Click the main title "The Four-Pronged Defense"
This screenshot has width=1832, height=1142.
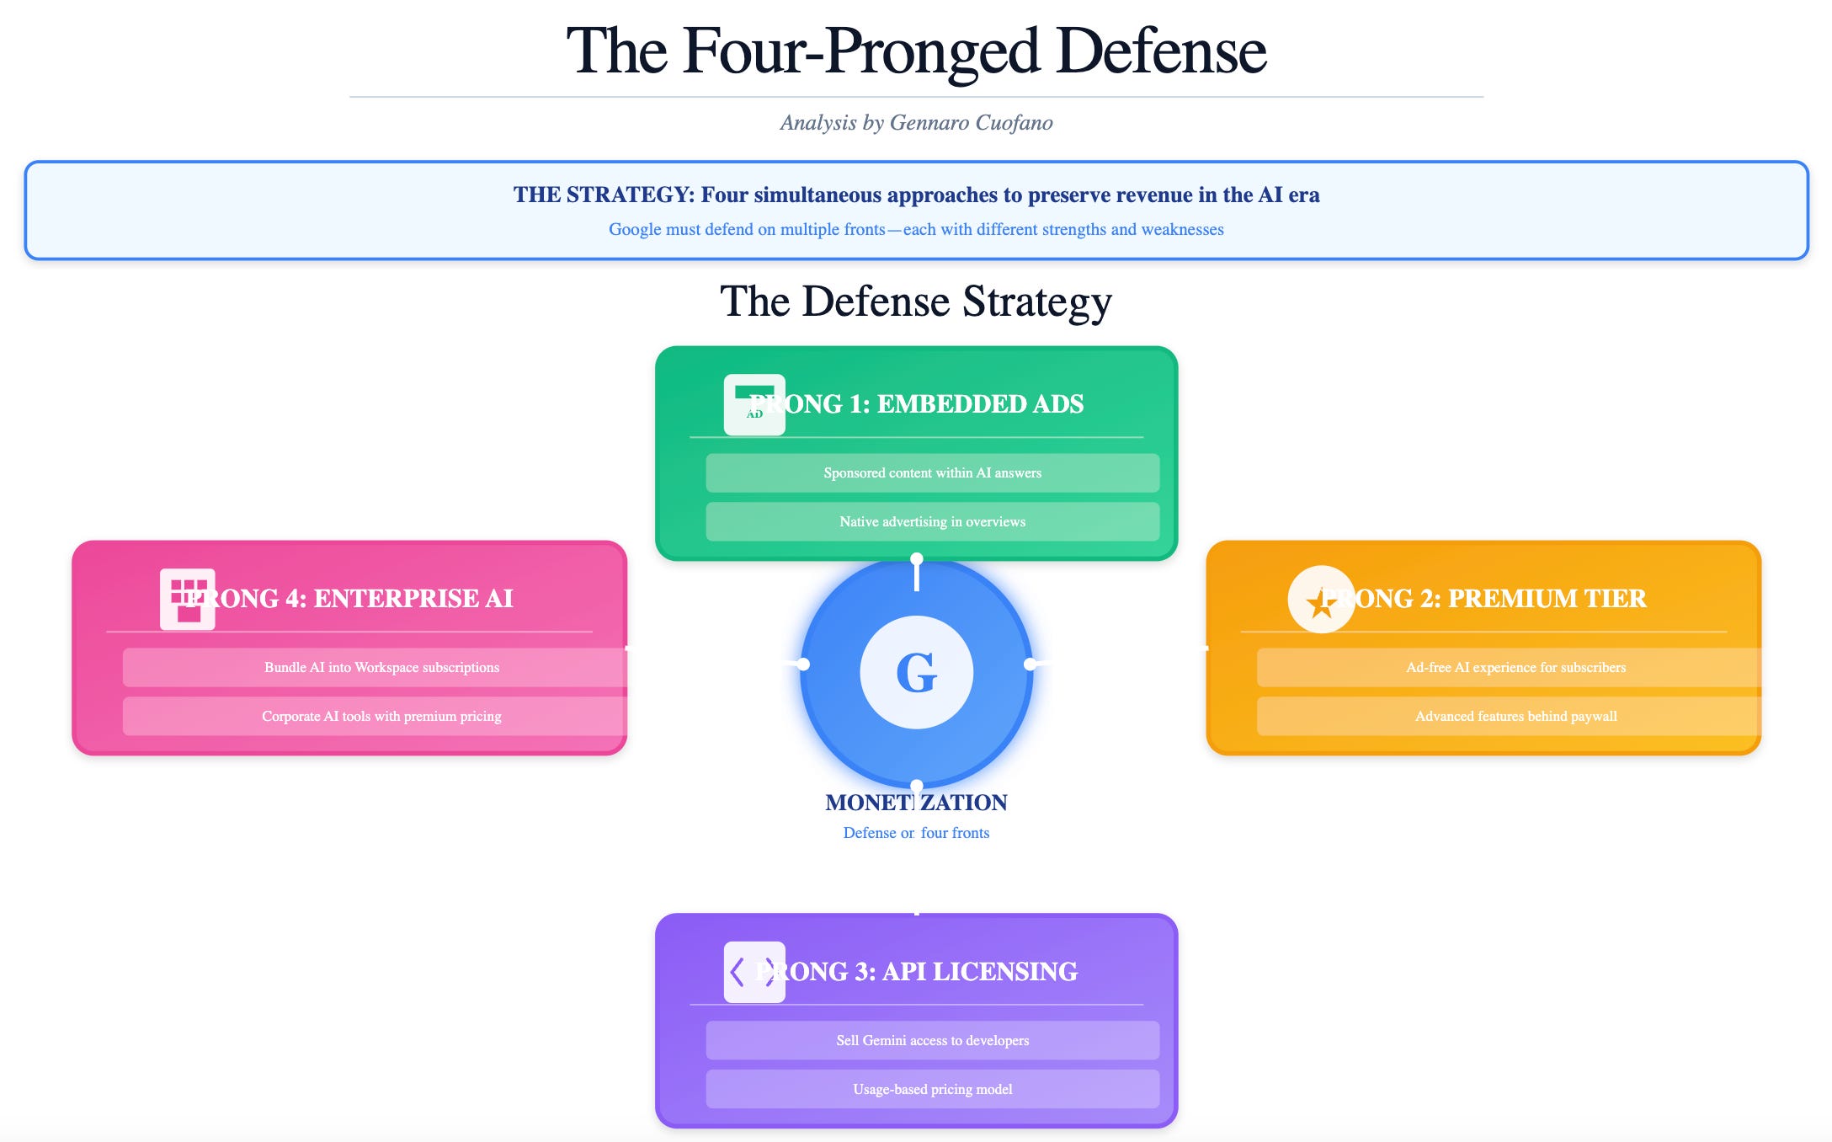pyautogui.click(x=916, y=51)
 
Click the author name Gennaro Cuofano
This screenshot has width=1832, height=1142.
pyautogui.click(x=971, y=123)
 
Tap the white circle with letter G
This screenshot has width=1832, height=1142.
pyautogui.click(x=916, y=672)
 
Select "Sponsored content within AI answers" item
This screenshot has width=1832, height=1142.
pyautogui.click(x=932, y=473)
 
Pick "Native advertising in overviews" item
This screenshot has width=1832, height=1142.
pyautogui.click(x=932, y=522)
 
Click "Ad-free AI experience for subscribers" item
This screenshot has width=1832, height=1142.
pyautogui.click(x=1515, y=668)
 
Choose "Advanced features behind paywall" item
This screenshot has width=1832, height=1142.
pyautogui.click(x=1515, y=717)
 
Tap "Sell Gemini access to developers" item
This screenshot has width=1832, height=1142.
pyautogui.click(x=932, y=1041)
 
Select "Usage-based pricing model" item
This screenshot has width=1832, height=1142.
pyautogui.click(x=932, y=1090)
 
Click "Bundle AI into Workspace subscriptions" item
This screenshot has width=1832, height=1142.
pyautogui.click(x=381, y=668)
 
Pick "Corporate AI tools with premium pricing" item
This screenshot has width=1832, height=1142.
pyautogui.click(x=381, y=717)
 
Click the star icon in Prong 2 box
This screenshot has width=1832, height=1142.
pyautogui.click(x=1320, y=600)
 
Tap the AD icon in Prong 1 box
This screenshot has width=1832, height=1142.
pyautogui.click(x=754, y=405)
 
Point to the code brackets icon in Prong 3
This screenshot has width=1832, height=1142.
pyautogui.click(x=754, y=972)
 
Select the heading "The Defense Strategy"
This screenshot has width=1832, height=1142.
pyautogui.click(x=916, y=302)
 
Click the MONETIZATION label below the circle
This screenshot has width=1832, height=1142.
pyautogui.click(x=916, y=803)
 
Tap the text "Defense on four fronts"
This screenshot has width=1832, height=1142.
pyautogui.click(x=916, y=833)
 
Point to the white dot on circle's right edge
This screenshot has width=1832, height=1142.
pyautogui.click(x=1030, y=664)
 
